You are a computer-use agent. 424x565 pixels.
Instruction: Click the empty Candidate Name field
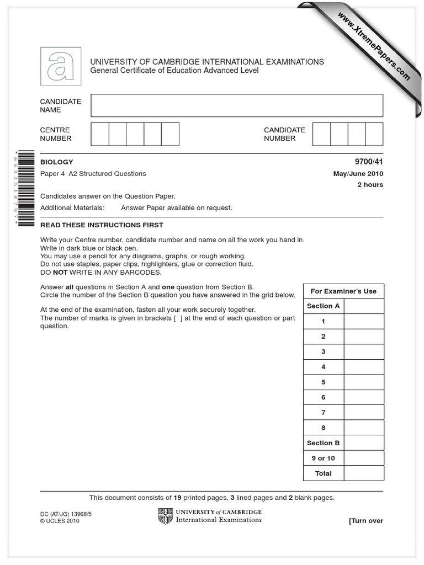pyautogui.click(x=237, y=105)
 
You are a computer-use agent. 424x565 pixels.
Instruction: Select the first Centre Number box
pyautogui.click(x=100, y=134)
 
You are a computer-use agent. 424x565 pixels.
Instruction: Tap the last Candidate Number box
pyautogui.click(x=374, y=134)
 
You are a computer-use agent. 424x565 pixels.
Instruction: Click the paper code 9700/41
pyautogui.click(x=370, y=162)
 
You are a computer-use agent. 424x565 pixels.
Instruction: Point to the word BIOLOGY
pyautogui.click(x=56, y=162)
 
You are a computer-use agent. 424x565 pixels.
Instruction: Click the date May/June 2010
pyautogui.click(x=358, y=174)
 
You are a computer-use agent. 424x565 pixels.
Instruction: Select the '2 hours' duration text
pyautogui.click(x=370, y=185)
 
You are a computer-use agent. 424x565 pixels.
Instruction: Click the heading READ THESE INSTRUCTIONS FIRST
pyautogui.click(x=102, y=225)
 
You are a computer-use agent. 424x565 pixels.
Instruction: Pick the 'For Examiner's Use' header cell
pyautogui.click(x=343, y=291)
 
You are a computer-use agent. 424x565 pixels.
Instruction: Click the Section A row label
pyautogui.click(x=324, y=306)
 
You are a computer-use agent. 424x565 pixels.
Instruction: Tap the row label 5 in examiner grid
pyautogui.click(x=324, y=382)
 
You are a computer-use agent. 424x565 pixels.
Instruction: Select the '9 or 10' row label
pyautogui.click(x=324, y=458)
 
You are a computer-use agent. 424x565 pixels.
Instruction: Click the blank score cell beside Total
pyautogui.click(x=364, y=473)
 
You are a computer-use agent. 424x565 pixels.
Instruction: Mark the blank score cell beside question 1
pyautogui.click(x=364, y=321)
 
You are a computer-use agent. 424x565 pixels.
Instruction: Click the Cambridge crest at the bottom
pyautogui.click(x=165, y=516)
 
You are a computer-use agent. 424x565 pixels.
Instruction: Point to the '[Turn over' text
pyautogui.click(x=365, y=521)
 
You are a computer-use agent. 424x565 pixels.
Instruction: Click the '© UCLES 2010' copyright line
pyautogui.click(x=60, y=521)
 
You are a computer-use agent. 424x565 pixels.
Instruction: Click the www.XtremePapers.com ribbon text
pyautogui.click(x=373, y=46)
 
